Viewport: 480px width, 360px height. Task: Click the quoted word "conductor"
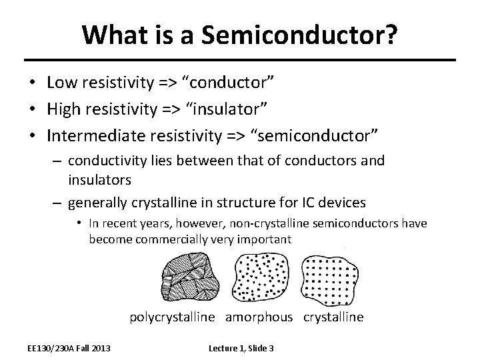[229, 83]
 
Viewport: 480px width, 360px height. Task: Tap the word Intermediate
[91, 136]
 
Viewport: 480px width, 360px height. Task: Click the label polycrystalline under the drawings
[172, 317]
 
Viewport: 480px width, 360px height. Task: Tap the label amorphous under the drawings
[259, 317]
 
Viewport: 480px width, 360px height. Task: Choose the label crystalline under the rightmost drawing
[333, 317]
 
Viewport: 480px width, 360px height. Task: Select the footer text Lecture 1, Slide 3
[241, 348]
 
